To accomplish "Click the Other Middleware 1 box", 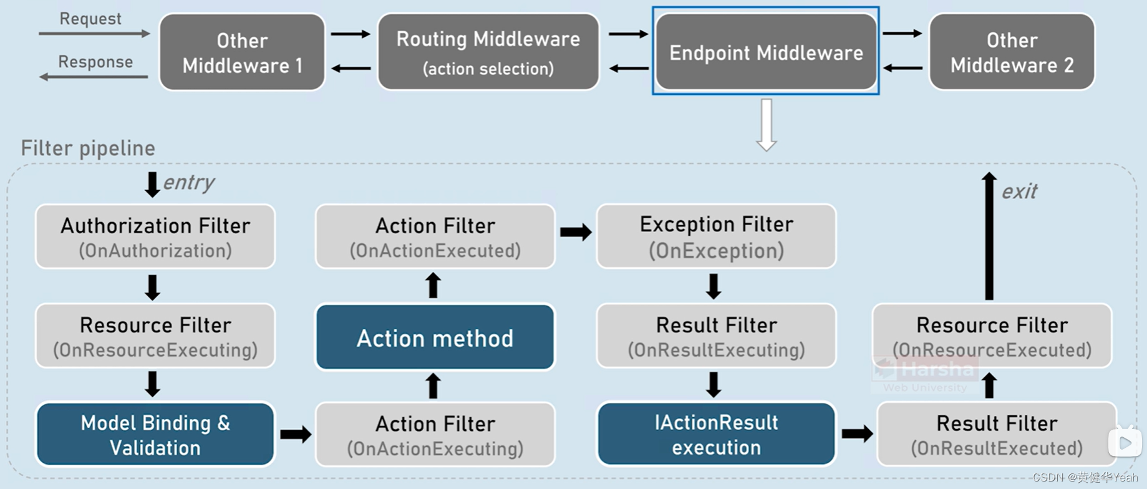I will click(242, 52).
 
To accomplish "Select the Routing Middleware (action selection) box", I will click(488, 52).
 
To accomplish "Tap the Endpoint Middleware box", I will click(766, 52).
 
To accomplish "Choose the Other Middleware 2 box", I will click(1012, 52).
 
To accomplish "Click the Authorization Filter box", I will click(155, 237).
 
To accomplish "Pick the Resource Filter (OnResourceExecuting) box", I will click(155, 336).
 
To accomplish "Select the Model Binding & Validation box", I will click(155, 435).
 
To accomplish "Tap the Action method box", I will click(435, 337).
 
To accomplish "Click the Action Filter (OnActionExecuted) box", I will click(435, 237).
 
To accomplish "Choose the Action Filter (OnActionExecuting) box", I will click(435, 435).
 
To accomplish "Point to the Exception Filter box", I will click(716, 237).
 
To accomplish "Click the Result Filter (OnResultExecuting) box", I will click(716, 336).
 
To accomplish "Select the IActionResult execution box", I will click(716, 435).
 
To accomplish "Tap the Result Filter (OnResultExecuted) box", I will click(996, 435).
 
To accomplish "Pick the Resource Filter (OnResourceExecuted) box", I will click(992, 336).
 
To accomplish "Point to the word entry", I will click(189, 183).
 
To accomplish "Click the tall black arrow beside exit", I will click(989, 237).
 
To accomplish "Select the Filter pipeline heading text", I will click(88, 148).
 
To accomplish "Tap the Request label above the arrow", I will click(90, 19).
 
